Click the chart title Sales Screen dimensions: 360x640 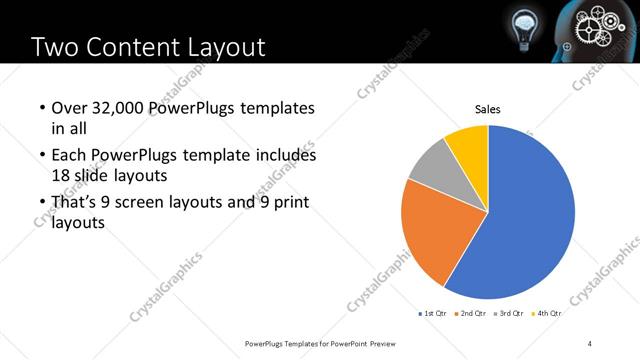pyautogui.click(x=487, y=110)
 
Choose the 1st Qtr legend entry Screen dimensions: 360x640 pyautogui.click(x=432, y=313)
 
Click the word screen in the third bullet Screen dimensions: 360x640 pyautogui.click(x=164, y=203)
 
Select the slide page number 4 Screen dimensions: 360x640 pyautogui.click(x=590, y=343)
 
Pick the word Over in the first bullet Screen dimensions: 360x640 pyautogui.click(x=68, y=107)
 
